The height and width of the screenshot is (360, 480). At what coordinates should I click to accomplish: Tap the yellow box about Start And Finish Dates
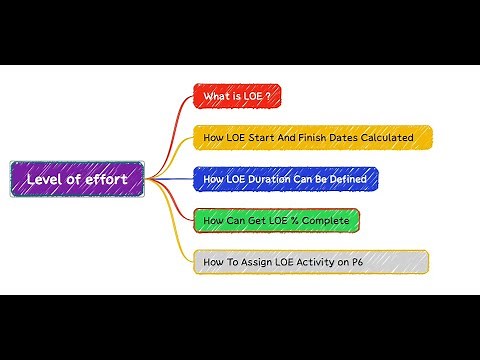click(312, 138)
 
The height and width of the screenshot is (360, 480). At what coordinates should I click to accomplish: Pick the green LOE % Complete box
click(275, 220)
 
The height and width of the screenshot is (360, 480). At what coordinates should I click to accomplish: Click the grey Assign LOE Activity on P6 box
click(311, 262)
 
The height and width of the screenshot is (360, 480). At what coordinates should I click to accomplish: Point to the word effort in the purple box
click(106, 179)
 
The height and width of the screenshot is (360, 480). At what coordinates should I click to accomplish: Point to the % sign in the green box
click(295, 220)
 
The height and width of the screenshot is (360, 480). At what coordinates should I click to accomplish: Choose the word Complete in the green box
click(326, 220)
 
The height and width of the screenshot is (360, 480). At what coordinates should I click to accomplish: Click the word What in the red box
click(215, 97)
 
